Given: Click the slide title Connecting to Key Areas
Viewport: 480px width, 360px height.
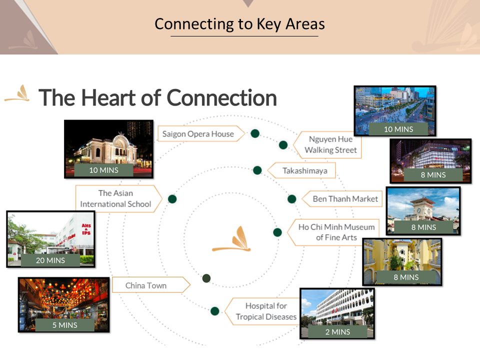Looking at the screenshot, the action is coord(239,24).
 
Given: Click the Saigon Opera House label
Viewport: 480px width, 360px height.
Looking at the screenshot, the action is coord(198,134).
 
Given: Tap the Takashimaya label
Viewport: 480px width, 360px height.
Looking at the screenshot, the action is coord(304,170).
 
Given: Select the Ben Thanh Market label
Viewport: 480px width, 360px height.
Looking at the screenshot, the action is coord(345,199).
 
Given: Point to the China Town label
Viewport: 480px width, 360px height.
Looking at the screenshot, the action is coord(146,285).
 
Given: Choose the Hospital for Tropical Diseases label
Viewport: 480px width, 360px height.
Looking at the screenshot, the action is coord(266,311).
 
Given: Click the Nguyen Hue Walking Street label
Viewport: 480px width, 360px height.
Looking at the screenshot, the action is coord(330,144).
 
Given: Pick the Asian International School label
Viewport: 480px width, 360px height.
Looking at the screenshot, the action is coord(115,198).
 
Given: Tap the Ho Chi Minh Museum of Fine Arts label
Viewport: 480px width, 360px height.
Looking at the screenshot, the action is coord(336,232).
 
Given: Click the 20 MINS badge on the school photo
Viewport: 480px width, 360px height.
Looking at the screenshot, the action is coord(50,260).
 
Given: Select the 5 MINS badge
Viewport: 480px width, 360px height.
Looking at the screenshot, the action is coord(64,325).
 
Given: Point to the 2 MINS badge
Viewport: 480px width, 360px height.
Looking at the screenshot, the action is coord(337,331).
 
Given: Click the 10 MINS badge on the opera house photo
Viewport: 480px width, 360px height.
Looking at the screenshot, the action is coord(104,170).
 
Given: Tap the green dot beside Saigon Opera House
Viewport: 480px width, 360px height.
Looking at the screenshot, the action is coord(255,133).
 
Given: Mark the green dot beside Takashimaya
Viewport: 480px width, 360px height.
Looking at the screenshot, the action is coord(257,170).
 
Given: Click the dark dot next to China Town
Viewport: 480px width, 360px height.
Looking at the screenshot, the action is coord(206,278).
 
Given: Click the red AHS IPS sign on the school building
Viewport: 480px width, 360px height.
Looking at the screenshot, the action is coord(86,229).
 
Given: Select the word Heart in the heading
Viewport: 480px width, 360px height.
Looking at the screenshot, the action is coord(108,97).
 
